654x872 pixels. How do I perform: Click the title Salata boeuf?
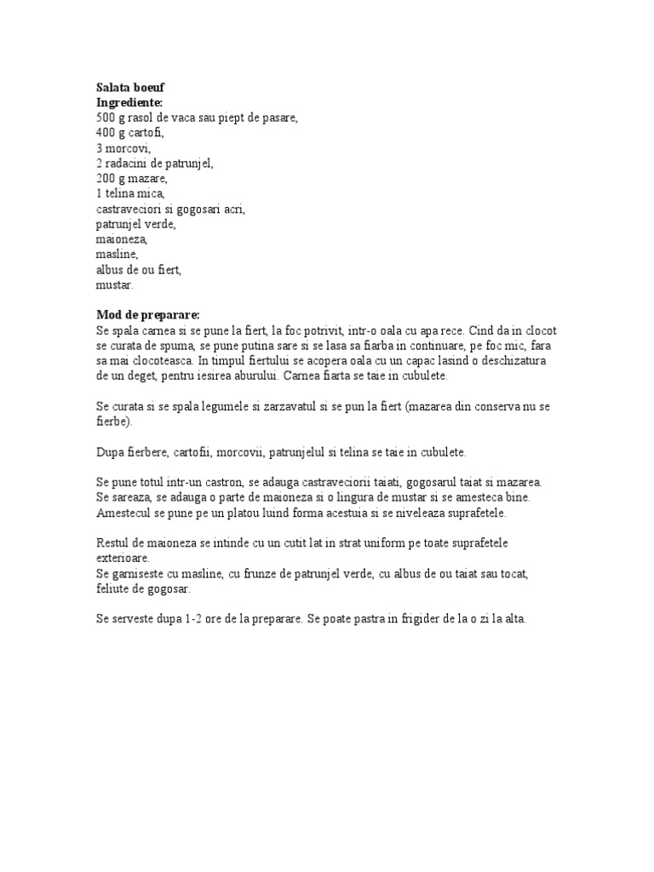tap(137, 87)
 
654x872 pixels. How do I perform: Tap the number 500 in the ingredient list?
tap(106, 118)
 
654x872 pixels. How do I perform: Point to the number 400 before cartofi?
tap(106, 133)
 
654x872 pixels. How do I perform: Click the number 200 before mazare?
tap(106, 179)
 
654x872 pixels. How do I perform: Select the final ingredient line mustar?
tap(115, 285)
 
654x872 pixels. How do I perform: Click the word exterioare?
tap(123, 559)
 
